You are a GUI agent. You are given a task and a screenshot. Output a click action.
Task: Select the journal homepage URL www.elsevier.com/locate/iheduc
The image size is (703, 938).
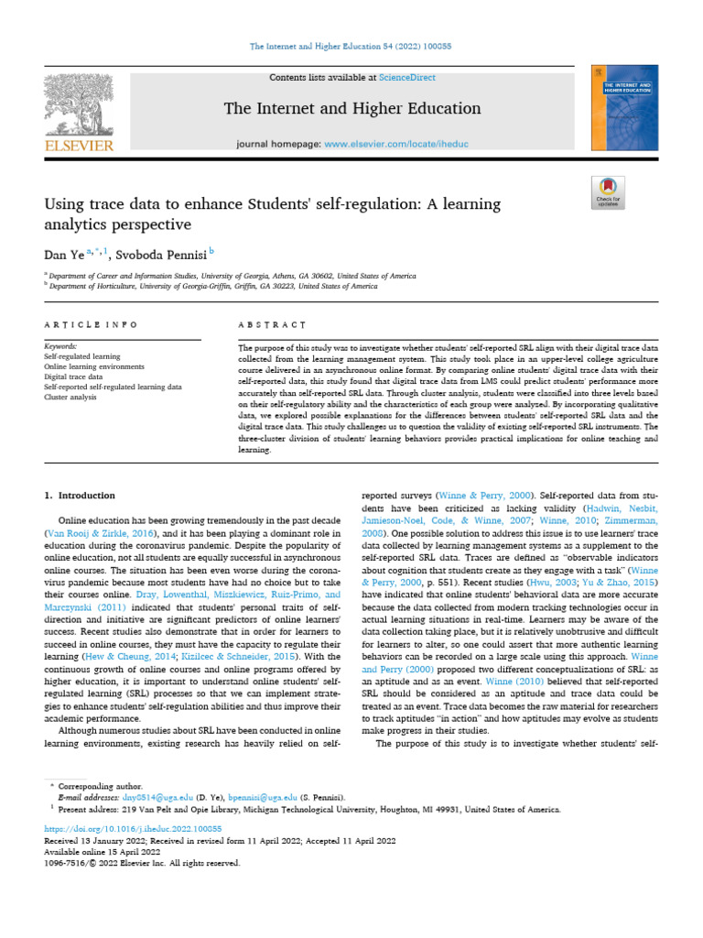click(x=396, y=145)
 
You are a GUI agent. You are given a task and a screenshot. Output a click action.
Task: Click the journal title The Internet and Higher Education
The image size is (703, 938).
click(x=351, y=109)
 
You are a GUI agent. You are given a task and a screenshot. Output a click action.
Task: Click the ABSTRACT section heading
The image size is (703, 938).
click(x=271, y=324)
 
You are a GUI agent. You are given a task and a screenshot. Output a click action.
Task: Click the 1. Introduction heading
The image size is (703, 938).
click(x=81, y=496)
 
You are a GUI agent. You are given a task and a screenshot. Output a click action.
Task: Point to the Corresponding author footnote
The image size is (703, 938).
click(x=100, y=787)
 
